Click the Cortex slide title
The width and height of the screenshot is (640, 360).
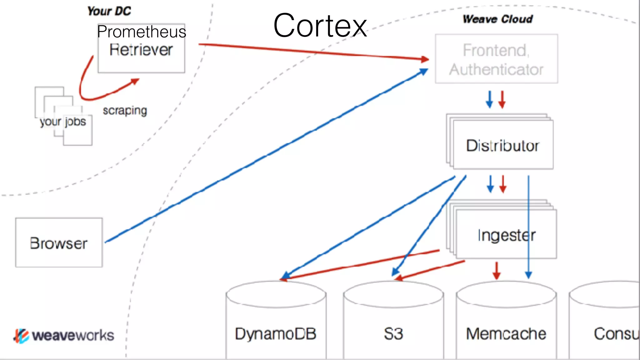point(320,26)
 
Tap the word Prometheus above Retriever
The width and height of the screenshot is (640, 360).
point(141,32)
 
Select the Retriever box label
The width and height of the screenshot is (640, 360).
point(141,50)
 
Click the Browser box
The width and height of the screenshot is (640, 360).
point(59,243)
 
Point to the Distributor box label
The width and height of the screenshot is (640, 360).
point(502,146)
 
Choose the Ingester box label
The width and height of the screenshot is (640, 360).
point(506,235)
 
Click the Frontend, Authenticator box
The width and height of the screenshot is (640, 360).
point(496,59)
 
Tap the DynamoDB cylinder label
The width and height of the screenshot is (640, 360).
point(276,334)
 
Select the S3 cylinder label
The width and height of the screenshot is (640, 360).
point(393,334)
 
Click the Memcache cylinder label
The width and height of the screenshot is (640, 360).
point(506,334)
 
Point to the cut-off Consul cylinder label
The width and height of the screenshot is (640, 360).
point(616,334)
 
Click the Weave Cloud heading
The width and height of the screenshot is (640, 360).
point(497,19)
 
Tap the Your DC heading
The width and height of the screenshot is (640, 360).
point(109,11)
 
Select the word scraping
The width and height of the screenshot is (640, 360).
point(125,110)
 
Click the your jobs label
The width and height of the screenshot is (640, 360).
point(63,122)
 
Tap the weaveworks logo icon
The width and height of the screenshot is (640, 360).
point(21,336)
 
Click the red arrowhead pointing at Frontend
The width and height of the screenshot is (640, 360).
point(425,59)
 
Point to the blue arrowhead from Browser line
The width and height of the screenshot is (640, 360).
point(423,72)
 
